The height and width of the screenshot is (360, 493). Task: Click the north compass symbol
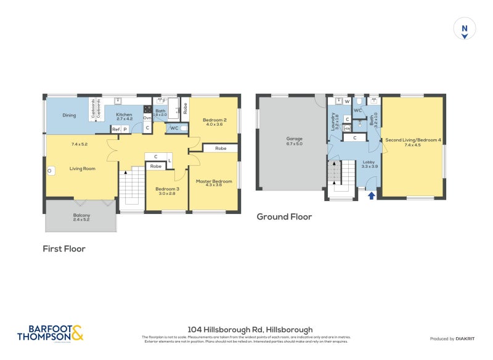click(465, 29)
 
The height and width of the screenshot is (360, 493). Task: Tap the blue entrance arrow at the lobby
click(371, 195)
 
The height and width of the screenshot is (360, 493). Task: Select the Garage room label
click(294, 139)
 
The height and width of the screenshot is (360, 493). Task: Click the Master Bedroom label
click(214, 181)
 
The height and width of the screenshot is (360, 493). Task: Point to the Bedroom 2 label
click(215, 120)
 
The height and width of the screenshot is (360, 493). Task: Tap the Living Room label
click(82, 168)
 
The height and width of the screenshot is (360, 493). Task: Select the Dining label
click(69, 115)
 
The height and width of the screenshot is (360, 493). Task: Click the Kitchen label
click(124, 115)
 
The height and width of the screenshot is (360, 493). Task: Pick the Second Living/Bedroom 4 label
click(413, 140)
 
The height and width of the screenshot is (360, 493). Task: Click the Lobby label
click(369, 162)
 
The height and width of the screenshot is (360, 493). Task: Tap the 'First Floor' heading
click(64, 249)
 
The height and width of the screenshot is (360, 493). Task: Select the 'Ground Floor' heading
click(284, 217)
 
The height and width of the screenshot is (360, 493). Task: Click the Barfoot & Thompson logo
click(50, 333)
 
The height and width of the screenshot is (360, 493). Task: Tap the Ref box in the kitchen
click(115, 129)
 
